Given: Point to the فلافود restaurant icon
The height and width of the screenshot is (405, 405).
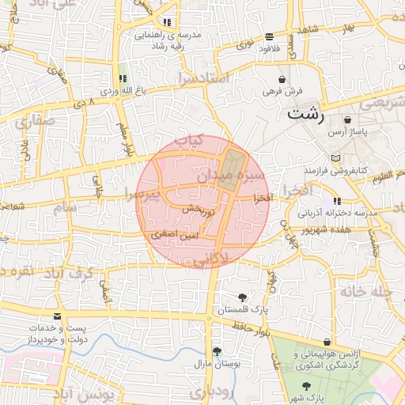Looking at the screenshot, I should pyautogui.click(x=270, y=36).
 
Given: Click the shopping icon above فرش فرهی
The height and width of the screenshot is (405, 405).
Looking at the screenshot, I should pyautogui.click(x=283, y=80).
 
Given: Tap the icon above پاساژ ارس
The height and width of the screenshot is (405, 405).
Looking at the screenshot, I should pyautogui.click(x=348, y=120).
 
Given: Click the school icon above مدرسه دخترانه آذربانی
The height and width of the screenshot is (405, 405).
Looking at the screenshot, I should pyautogui.click(x=338, y=202).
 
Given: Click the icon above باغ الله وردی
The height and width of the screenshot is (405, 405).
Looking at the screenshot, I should pyautogui.click(x=123, y=78).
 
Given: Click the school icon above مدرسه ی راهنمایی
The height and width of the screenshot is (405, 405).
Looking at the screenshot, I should pyautogui.click(x=166, y=23).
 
